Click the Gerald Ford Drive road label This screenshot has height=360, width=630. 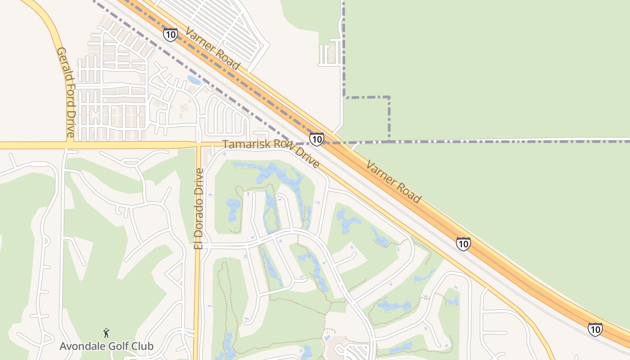(x=65, y=92)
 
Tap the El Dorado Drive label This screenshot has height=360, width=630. (x=198, y=208)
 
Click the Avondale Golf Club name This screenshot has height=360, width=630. (x=107, y=346)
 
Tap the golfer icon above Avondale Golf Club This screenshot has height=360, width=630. (x=106, y=333)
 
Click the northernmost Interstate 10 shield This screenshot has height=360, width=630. (x=170, y=35)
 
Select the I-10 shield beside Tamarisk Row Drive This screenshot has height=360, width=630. (x=317, y=139)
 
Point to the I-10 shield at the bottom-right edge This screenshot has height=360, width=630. (x=595, y=329)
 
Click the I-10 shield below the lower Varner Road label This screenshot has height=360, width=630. (x=463, y=244)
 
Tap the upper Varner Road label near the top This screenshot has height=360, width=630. (x=212, y=49)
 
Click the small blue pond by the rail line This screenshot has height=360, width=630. (x=194, y=80)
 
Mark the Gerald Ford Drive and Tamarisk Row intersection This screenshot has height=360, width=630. (x=70, y=145)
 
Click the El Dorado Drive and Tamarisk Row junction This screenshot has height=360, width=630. (x=198, y=145)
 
